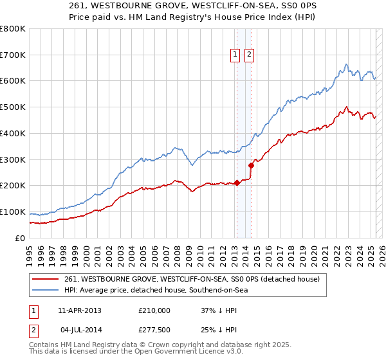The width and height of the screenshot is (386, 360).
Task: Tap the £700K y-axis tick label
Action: point(12,55)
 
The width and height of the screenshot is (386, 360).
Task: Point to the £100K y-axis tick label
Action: point(12,212)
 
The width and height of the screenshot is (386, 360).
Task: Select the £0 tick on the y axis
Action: point(20,238)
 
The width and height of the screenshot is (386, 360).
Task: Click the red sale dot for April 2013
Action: point(236,183)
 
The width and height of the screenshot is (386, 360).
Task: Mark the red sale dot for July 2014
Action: point(250,165)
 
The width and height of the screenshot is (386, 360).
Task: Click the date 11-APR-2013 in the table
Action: point(80,310)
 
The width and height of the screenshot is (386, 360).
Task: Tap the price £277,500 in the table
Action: point(154,330)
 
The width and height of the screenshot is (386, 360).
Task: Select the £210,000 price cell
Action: point(154,310)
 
